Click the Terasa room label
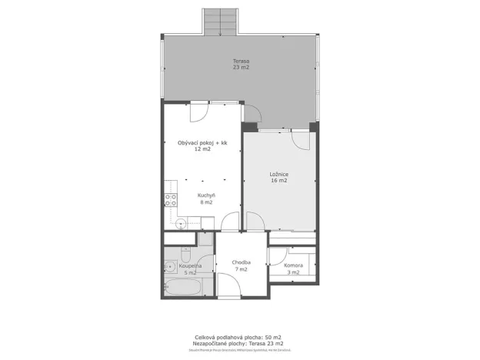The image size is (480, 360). [x=241, y=61]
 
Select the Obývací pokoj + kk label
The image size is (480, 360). [x=202, y=142]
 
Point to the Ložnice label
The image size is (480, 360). [x=278, y=174]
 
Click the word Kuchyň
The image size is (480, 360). [x=205, y=195]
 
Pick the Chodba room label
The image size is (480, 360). [x=242, y=263]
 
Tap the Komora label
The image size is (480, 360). [x=293, y=265]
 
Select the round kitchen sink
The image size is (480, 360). [x=179, y=224]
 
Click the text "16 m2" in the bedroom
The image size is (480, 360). [x=278, y=181]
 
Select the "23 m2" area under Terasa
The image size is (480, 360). [x=241, y=68]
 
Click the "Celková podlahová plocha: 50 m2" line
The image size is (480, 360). [x=238, y=337]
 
